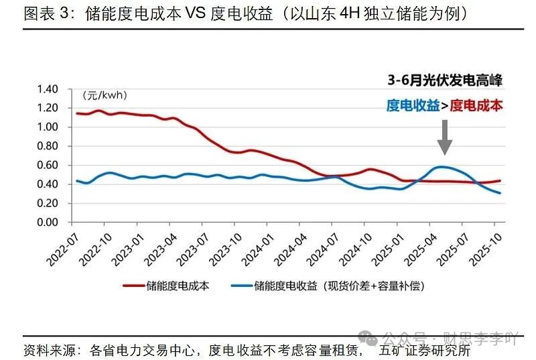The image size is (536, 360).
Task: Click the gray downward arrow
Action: pyautogui.click(x=445, y=139)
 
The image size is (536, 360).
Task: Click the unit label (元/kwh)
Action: pyautogui.click(x=105, y=95)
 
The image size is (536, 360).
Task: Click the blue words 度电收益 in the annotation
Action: pyautogui.click(x=413, y=105)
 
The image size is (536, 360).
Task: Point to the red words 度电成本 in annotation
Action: pyautogui.click(x=476, y=105)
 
